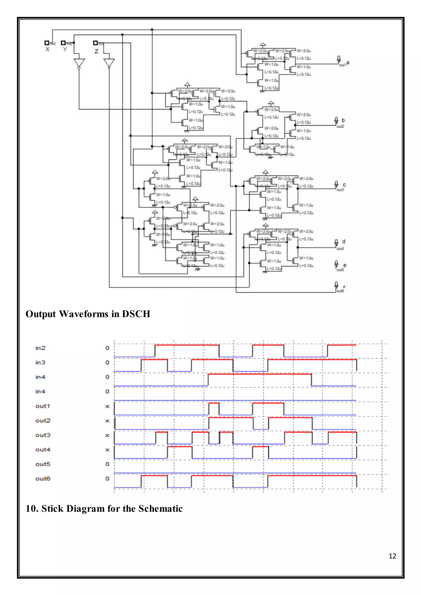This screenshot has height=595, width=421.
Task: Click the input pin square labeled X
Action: pyautogui.click(x=47, y=43)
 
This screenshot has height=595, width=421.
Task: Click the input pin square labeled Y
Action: pyautogui.click(x=63, y=43)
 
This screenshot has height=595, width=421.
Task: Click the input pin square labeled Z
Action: pyautogui.click(x=95, y=43)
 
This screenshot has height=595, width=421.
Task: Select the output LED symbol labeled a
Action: pyautogui.click(x=339, y=59)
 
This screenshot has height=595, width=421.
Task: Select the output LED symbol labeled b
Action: pyautogui.click(x=336, y=121)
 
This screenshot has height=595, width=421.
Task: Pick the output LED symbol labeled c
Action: pyautogui.click(x=336, y=184)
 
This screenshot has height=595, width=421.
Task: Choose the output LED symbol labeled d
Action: pyautogui.click(x=336, y=243)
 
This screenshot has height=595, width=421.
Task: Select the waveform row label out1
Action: pyautogui.click(x=43, y=406)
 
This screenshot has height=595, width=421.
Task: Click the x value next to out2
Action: pyautogui.click(x=107, y=421)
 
